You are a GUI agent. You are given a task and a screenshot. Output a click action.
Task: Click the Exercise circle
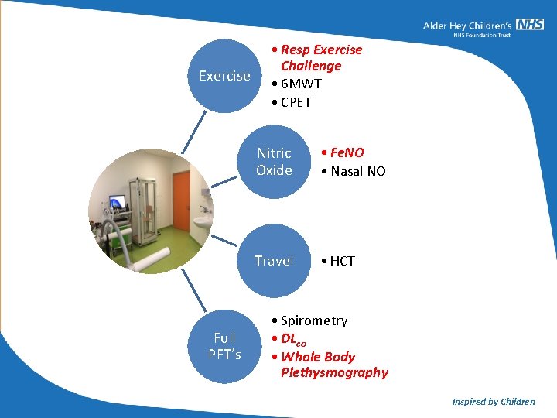pyautogui.click(x=225, y=76)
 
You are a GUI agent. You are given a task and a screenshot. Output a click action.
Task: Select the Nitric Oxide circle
pyautogui.click(x=274, y=162)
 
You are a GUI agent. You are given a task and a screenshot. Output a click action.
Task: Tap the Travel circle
pyautogui.click(x=274, y=261)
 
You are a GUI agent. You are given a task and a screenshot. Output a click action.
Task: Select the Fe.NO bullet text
pyautogui.click(x=346, y=153)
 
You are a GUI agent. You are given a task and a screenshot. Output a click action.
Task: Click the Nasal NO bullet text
pyautogui.click(x=357, y=171)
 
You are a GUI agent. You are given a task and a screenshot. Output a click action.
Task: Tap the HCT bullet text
pyautogui.click(x=342, y=261)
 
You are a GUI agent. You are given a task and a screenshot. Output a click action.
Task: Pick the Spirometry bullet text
pyautogui.click(x=313, y=320)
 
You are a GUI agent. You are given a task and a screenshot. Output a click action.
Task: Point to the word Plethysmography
pyautogui.click(x=334, y=373)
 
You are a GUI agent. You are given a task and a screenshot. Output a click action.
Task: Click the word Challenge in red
pyautogui.click(x=311, y=67)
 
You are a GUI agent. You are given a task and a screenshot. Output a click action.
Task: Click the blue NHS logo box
pyautogui.click(x=530, y=24)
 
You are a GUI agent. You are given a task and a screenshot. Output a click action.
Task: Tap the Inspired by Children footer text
pyautogui.click(x=493, y=402)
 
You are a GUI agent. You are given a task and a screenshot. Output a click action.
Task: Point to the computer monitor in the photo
pyautogui.click(x=118, y=203)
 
